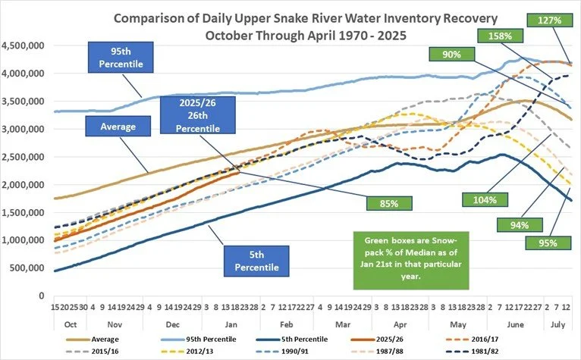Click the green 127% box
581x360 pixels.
tap(551, 21)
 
